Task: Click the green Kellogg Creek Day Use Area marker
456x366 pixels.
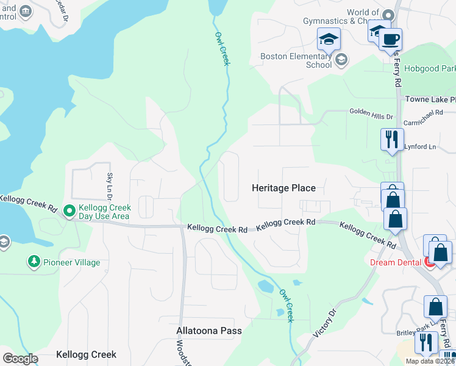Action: click(69, 212)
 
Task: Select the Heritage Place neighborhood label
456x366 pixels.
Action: click(283, 188)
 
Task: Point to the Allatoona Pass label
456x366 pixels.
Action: click(209, 331)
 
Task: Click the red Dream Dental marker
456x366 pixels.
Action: click(429, 262)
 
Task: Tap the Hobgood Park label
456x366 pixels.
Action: click(429, 69)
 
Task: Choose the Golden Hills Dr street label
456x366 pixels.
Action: click(371, 112)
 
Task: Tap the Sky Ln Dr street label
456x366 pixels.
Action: click(110, 187)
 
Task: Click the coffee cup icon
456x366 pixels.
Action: click(390, 40)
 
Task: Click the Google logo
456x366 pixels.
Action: click(20, 359)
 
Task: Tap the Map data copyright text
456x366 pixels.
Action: click(430, 361)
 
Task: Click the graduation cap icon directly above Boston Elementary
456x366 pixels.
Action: click(329, 40)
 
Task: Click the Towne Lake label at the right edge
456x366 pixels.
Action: click(430, 99)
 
